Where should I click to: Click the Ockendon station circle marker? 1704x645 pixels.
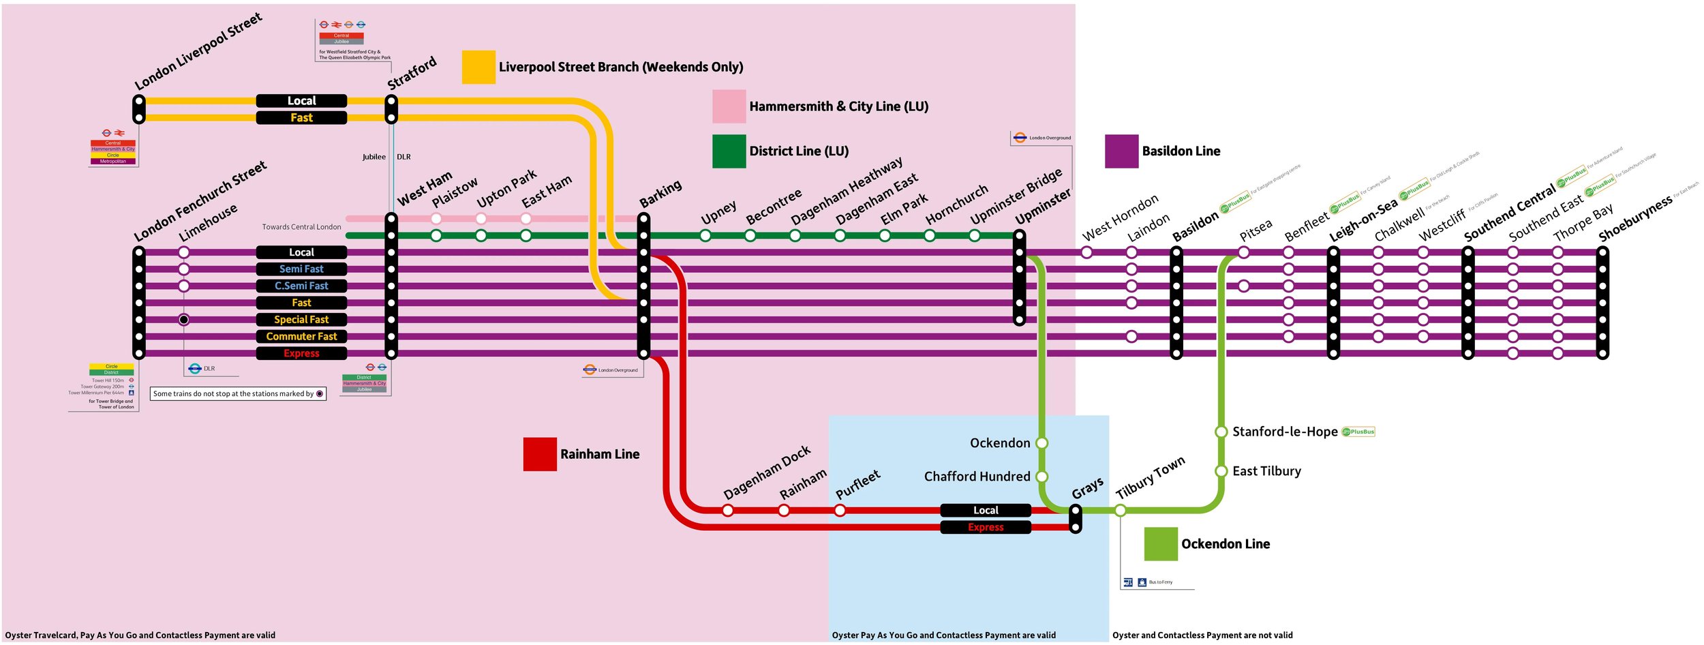click(1041, 443)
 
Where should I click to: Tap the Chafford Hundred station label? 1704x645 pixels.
click(977, 477)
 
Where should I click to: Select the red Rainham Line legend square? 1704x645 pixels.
click(540, 454)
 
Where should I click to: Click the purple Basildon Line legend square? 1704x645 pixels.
click(1121, 151)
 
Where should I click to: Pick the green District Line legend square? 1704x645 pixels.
click(729, 151)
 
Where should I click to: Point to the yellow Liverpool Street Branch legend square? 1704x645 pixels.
click(478, 67)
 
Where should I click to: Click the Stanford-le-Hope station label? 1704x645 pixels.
click(1285, 432)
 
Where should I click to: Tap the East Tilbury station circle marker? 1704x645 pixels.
click(1221, 471)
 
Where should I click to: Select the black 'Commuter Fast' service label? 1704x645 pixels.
click(301, 336)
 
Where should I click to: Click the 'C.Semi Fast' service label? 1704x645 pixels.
click(301, 286)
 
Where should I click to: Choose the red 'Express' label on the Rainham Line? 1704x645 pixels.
click(986, 527)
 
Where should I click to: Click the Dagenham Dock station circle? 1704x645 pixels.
click(728, 511)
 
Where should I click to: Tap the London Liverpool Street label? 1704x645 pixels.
click(198, 52)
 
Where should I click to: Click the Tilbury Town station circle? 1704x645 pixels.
click(1120, 511)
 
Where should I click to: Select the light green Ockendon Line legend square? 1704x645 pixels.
click(1161, 544)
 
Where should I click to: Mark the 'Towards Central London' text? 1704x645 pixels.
click(301, 227)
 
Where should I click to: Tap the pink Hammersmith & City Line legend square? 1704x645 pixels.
click(729, 106)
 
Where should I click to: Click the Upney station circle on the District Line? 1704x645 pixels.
click(705, 236)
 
